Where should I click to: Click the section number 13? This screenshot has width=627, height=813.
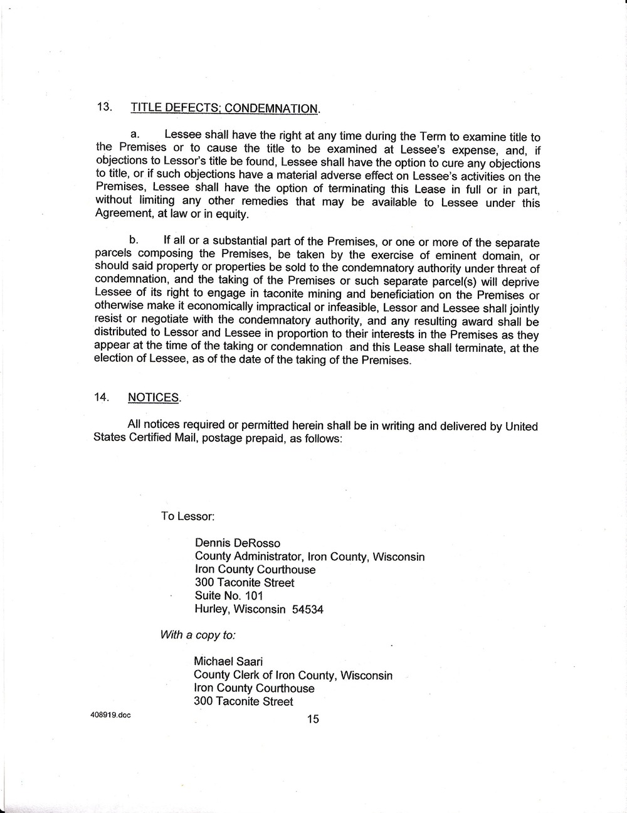point(103,106)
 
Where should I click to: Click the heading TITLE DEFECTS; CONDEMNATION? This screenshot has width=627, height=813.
point(224,109)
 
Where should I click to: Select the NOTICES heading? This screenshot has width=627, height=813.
point(154,398)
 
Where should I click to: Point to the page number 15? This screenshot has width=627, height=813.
point(313,719)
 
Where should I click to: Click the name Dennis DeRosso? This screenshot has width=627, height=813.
point(238,543)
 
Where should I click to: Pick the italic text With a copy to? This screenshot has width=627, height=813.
point(198,634)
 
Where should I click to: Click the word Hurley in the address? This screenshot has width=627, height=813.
point(211,608)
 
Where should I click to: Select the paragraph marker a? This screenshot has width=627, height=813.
point(134,134)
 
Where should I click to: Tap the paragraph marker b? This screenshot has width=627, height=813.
point(133,240)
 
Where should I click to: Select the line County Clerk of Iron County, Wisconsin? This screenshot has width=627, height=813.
point(293,675)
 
